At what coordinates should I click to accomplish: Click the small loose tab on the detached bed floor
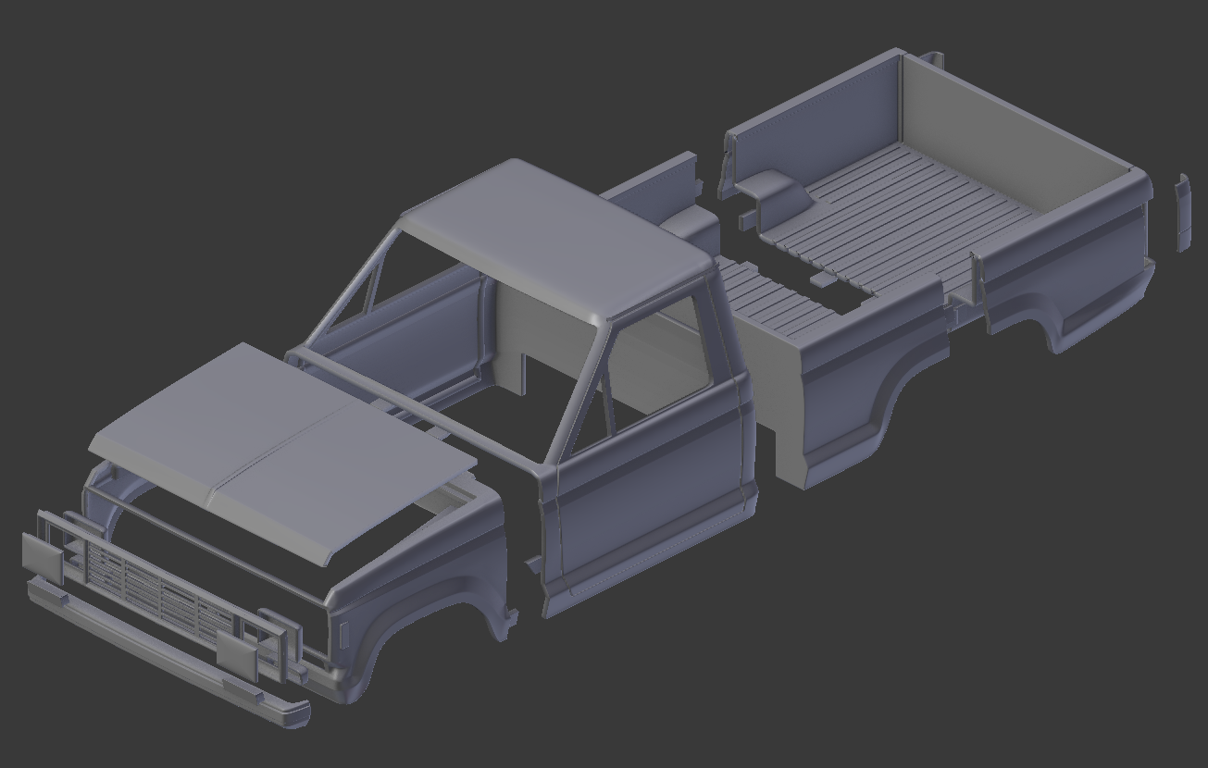coord(822,277)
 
